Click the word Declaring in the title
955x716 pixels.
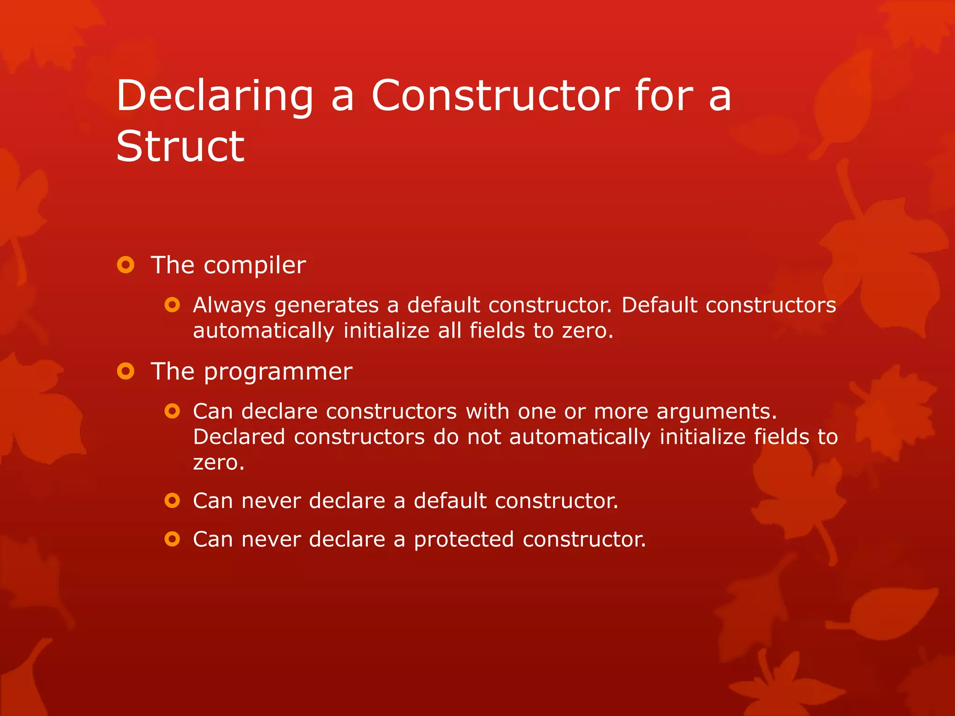pos(215,96)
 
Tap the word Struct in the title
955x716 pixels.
pos(180,146)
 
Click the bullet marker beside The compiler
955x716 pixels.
pos(125,265)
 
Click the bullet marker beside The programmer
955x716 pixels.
pos(125,372)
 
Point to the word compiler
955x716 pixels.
pos(255,266)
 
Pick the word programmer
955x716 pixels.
pos(278,372)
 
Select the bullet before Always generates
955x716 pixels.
pos(172,305)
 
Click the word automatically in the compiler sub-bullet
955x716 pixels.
pos(263,331)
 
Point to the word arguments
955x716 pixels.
pos(716,412)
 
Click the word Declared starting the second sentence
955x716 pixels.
pos(239,437)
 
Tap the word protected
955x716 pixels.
pos(464,540)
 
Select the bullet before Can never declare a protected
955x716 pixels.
pos(172,539)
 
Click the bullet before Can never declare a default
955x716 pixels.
pos(172,501)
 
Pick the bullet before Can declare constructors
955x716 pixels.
pos(172,411)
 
